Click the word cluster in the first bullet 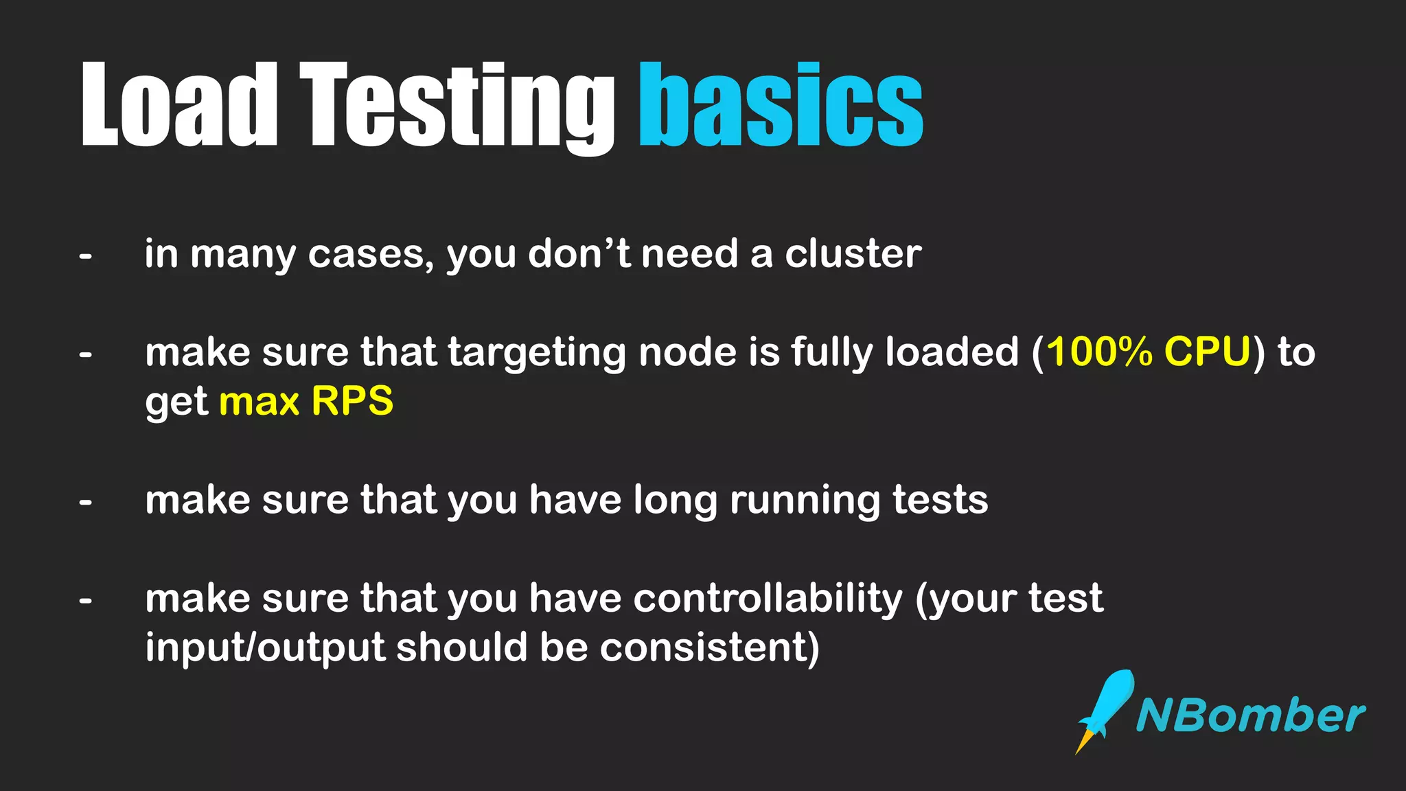coord(853,253)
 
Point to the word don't coord(579,253)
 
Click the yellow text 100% coord(1099,352)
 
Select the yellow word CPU coord(1208,352)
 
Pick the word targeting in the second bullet coord(536,353)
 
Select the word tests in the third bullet coord(940,499)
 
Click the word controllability coord(768,598)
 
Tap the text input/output coord(265,647)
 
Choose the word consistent coord(704,647)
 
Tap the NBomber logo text coord(1250,716)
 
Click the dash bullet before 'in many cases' coord(85,257)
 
